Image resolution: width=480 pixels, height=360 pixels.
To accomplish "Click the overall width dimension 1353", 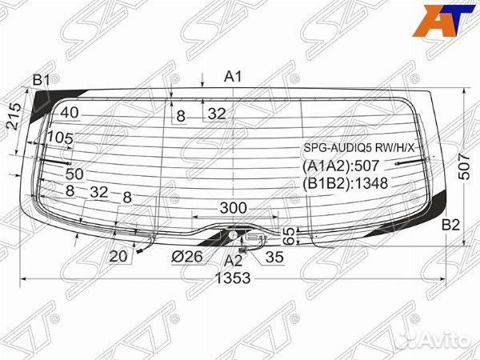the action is click(233, 278).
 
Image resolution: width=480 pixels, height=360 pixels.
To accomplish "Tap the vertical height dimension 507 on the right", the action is click(464, 166).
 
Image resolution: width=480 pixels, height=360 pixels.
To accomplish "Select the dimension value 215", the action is click(14, 116).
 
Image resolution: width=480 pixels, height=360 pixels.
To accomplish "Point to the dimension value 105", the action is click(61, 138).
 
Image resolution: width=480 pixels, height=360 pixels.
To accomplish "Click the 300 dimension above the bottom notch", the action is click(234, 208).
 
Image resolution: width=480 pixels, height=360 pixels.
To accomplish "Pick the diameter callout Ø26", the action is click(187, 256).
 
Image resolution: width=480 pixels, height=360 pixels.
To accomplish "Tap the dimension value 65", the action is click(289, 236).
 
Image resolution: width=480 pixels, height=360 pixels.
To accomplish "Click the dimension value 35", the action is click(274, 257).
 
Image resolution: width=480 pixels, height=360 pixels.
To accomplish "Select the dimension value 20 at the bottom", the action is click(118, 256).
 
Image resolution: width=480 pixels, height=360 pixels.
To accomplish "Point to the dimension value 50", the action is click(74, 174).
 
